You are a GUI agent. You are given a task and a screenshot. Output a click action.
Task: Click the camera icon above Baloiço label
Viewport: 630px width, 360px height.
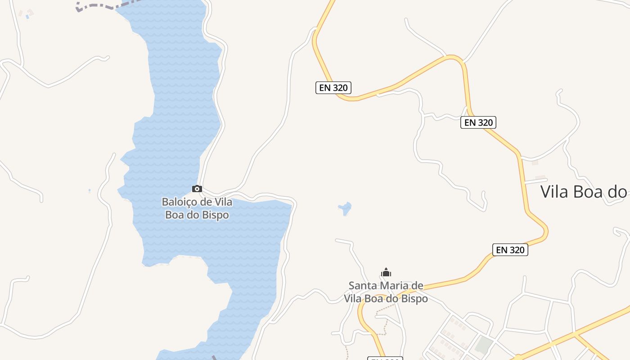(x=197, y=189)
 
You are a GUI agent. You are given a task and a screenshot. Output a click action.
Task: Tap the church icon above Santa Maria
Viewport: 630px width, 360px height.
(x=386, y=272)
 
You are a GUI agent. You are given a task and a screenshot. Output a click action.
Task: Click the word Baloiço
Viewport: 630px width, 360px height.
(x=178, y=202)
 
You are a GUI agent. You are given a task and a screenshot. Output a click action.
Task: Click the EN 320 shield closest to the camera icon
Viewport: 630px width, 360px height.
(x=333, y=88)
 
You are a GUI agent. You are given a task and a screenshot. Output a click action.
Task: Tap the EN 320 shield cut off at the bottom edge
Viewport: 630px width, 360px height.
(x=385, y=358)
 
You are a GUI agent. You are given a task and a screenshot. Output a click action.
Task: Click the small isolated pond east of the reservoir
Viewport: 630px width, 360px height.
(x=345, y=208)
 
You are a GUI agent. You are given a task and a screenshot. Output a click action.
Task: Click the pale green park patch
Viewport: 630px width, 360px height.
(x=484, y=345)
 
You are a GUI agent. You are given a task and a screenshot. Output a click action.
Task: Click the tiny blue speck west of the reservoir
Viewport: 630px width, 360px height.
(x=90, y=190)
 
